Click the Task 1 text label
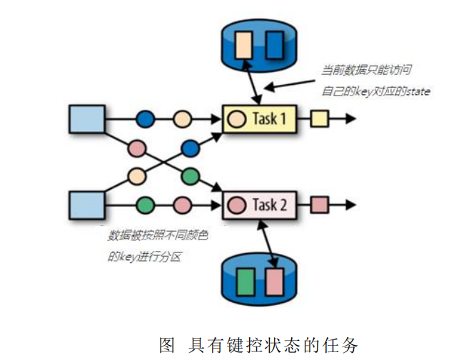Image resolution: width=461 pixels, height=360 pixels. click(x=270, y=118)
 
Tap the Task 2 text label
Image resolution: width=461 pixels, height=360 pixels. click(x=270, y=205)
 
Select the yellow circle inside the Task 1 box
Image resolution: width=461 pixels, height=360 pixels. click(x=236, y=118)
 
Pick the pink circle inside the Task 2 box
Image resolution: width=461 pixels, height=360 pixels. click(x=236, y=206)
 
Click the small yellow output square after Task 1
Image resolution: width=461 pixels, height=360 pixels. click(x=319, y=118)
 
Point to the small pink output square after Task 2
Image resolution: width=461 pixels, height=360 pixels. click(x=319, y=206)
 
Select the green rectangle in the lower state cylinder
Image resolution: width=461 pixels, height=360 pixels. click(x=246, y=279)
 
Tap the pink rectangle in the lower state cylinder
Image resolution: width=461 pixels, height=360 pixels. click(x=275, y=279)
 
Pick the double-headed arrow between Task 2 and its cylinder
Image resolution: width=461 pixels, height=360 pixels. click(x=269, y=243)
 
